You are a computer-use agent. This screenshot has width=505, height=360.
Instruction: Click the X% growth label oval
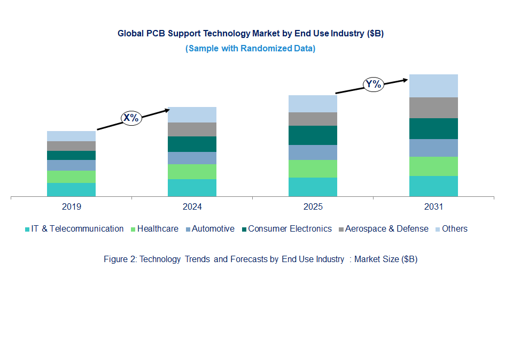[x=131, y=118]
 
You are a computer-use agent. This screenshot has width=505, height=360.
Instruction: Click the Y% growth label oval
[x=374, y=84]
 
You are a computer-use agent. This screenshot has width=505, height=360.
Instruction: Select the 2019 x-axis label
[x=71, y=206]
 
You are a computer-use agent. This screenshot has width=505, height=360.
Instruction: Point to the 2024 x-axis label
[x=192, y=206]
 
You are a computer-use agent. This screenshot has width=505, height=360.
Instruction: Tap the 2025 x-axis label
[x=313, y=206]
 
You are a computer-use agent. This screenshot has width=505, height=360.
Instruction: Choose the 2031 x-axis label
[x=433, y=206]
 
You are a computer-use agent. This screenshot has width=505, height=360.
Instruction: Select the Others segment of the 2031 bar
[x=433, y=86]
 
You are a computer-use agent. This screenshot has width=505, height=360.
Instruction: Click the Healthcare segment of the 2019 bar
[x=71, y=177]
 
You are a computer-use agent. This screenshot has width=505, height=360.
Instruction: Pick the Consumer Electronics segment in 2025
[x=313, y=135]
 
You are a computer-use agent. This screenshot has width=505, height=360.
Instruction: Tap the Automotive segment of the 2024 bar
[x=192, y=158]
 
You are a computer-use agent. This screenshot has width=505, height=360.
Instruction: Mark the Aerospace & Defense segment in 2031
[x=433, y=108]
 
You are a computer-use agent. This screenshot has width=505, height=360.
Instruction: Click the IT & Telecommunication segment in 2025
[x=313, y=187]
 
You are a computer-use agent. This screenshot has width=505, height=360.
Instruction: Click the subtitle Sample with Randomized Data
[x=250, y=49]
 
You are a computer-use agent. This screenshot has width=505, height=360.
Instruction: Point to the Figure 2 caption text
[x=260, y=259]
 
